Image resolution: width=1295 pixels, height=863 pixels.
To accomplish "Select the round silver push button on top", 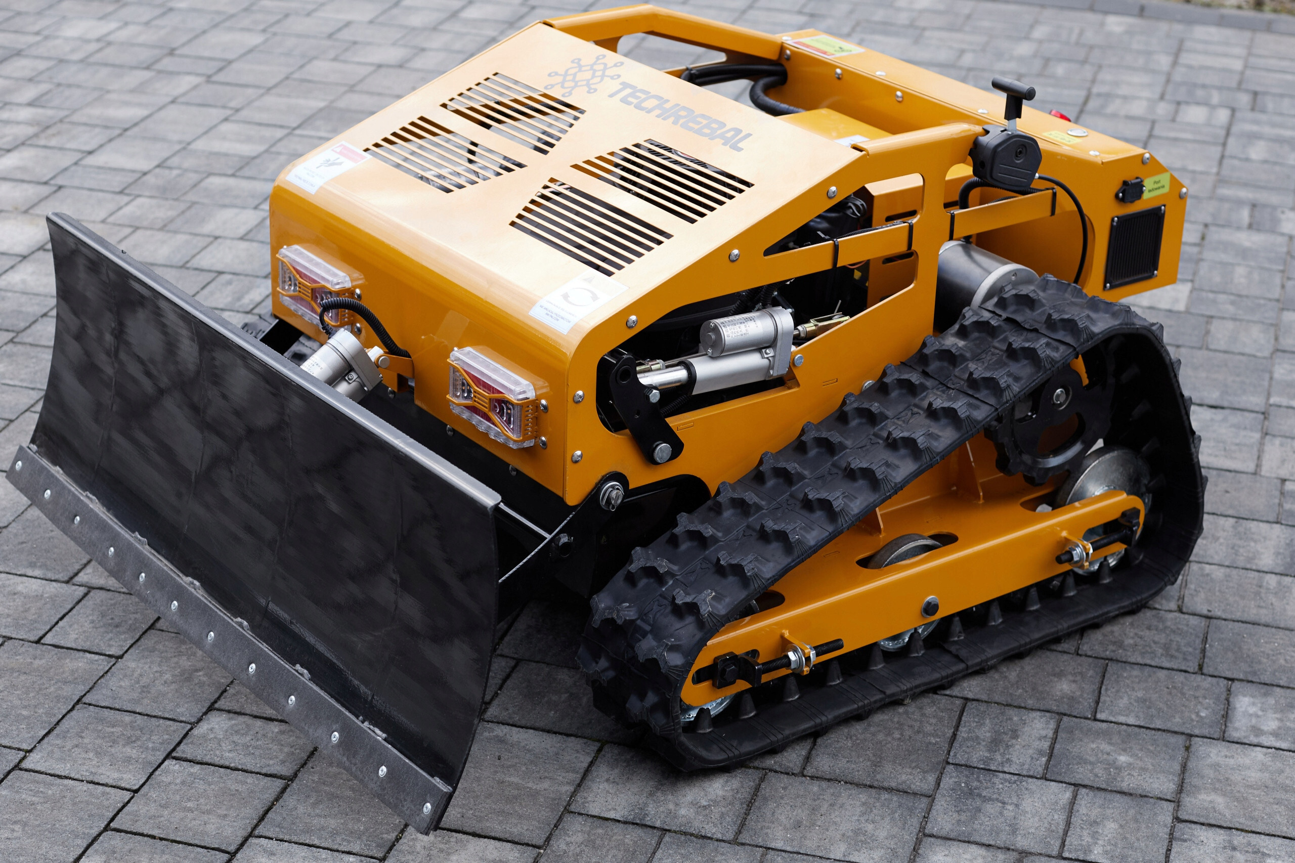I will tap(1077, 132).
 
